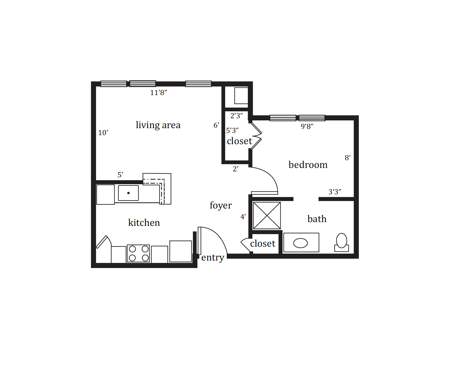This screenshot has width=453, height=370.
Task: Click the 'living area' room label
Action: click(x=158, y=125)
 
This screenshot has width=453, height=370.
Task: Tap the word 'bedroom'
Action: click(x=308, y=164)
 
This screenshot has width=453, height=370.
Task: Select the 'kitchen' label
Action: click(x=144, y=222)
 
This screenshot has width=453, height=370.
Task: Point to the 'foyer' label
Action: click(x=221, y=205)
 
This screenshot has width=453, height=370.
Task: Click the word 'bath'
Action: click(x=317, y=219)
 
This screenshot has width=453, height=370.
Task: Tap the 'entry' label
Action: click(x=213, y=257)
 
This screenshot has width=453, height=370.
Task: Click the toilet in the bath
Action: click(x=342, y=242)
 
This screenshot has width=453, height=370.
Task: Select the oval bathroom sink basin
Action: click(x=300, y=243)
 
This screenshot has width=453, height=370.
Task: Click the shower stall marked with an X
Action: click(x=267, y=215)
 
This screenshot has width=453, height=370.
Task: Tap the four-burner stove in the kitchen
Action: click(x=138, y=253)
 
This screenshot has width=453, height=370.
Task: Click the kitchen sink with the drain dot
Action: click(x=128, y=193)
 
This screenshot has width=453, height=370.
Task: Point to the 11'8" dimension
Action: click(x=158, y=93)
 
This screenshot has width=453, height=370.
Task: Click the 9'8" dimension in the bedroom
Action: click(x=307, y=126)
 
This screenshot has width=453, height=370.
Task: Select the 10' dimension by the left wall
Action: click(x=103, y=132)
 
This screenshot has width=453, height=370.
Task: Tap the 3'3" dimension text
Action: click(x=335, y=192)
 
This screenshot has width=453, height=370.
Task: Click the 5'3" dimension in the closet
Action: click(x=232, y=130)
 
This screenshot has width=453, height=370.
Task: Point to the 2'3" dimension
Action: click(x=237, y=116)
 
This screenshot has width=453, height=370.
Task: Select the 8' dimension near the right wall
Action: click(x=348, y=158)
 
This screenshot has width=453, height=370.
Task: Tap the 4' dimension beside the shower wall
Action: click(x=243, y=217)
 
